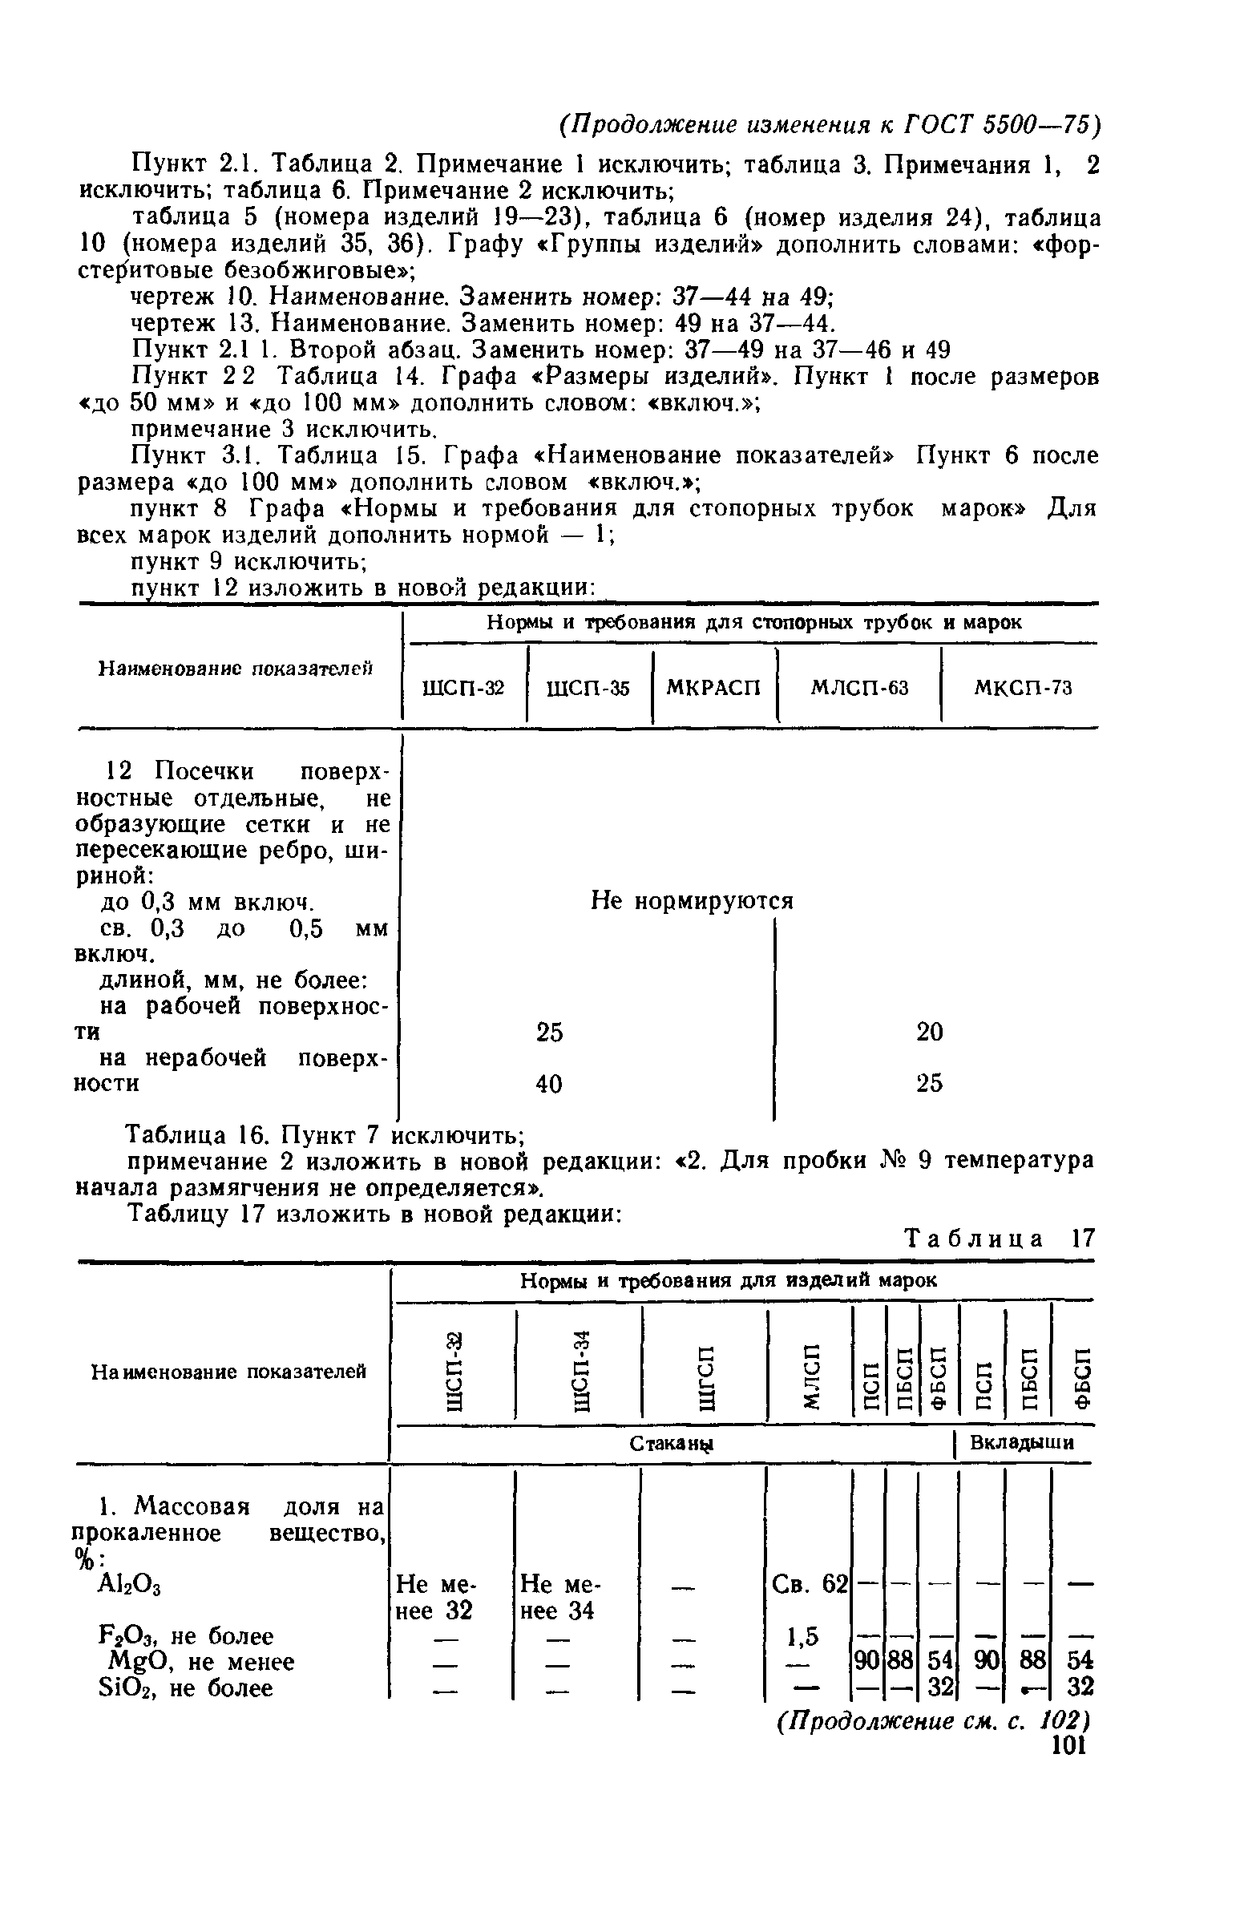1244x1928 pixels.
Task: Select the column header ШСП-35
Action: [x=588, y=689]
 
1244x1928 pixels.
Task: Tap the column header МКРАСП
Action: [x=714, y=689]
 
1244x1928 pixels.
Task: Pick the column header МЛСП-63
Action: [x=859, y=688]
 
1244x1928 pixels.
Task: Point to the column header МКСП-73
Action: [x=1023, y=688]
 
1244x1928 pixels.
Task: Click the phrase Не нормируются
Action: [x=693, y=900]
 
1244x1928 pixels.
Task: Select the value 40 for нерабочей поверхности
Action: [x=549, y=1084]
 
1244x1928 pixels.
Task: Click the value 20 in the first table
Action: [x=930, y=1032]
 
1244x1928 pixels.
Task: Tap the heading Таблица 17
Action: [x=999, y=1239]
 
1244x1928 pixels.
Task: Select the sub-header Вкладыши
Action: [x=1022, y=1443]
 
